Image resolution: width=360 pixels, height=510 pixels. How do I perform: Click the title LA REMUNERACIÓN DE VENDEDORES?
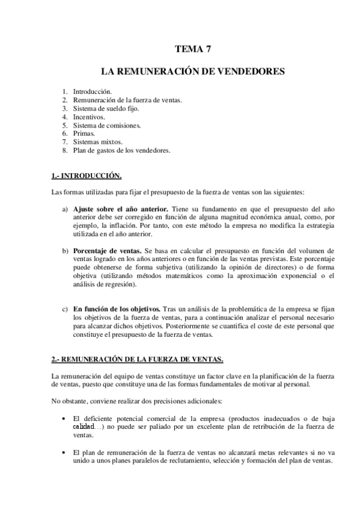pos(193,72)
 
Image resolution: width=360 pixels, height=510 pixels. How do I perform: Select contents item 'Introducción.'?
pos(92,91)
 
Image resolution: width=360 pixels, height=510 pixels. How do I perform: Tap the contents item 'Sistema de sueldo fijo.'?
pos(106,108)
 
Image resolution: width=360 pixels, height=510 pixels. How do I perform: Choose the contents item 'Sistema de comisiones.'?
pos(106,125)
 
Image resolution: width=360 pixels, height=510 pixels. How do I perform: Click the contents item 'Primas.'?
pos(84,134)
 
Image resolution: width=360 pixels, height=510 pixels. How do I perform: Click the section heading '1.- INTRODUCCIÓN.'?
pos(87,176)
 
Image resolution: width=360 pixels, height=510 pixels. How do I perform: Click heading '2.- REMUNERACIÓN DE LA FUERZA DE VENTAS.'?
pos(138,359)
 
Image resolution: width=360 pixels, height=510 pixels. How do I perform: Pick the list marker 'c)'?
pos(64,309)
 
